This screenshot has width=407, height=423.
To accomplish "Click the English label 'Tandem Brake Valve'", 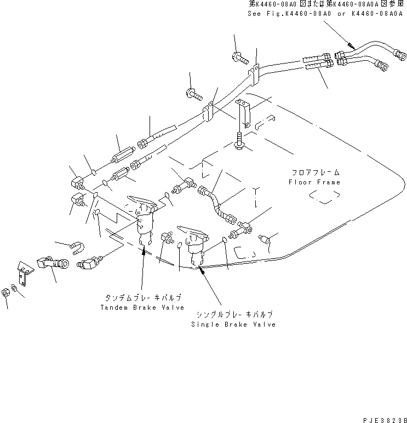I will pyautogui.click(x=141, y=308).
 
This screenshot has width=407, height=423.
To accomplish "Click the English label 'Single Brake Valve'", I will pyautogui.click(x=233, y=325).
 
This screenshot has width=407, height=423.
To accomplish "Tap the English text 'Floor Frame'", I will pyautogui.click(x=314, y=182).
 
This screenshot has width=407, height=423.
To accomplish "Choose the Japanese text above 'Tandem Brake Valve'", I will pyautogui.click(x=144, y=297).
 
